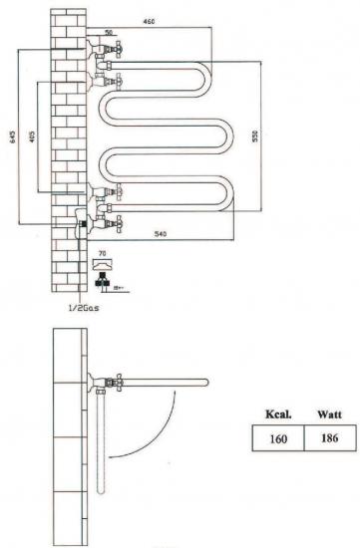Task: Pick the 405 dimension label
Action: click(33, 135)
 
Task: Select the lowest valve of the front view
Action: click(102, 220)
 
